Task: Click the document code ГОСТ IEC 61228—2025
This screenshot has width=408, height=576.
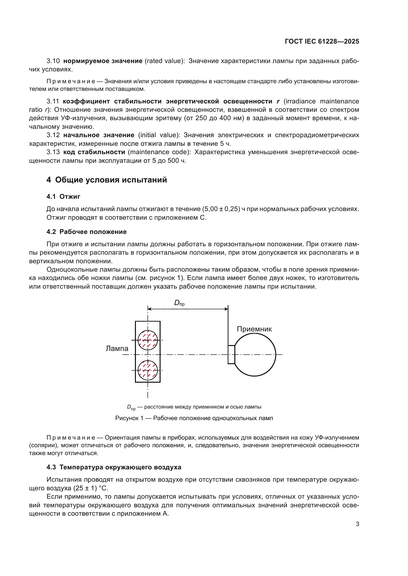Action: coord(322,41)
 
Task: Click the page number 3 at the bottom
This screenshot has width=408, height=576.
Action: coord(357,524)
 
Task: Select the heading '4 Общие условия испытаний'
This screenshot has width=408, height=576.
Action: coord(107,180)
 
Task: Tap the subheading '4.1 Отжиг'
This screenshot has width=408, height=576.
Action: coord(63,197)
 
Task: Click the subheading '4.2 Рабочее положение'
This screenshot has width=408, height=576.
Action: coord(86,231)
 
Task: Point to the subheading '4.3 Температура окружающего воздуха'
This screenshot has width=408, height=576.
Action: coord(114,467)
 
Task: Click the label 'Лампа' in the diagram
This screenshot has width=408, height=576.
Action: coord(117,348)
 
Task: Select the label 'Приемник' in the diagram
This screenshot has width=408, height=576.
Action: coord(254,329)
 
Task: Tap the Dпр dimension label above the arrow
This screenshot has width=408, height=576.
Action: coord(179,303)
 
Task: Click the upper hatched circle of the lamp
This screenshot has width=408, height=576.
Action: coord(148,340)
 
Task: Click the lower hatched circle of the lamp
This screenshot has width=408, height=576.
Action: coord(148,370)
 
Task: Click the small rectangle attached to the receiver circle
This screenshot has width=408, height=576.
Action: coord(231,354)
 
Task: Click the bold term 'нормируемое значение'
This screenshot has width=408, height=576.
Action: coord(103,61)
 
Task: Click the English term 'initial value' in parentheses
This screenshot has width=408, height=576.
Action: coord(159,135)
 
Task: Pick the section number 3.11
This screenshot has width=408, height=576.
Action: coord(53,101)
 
